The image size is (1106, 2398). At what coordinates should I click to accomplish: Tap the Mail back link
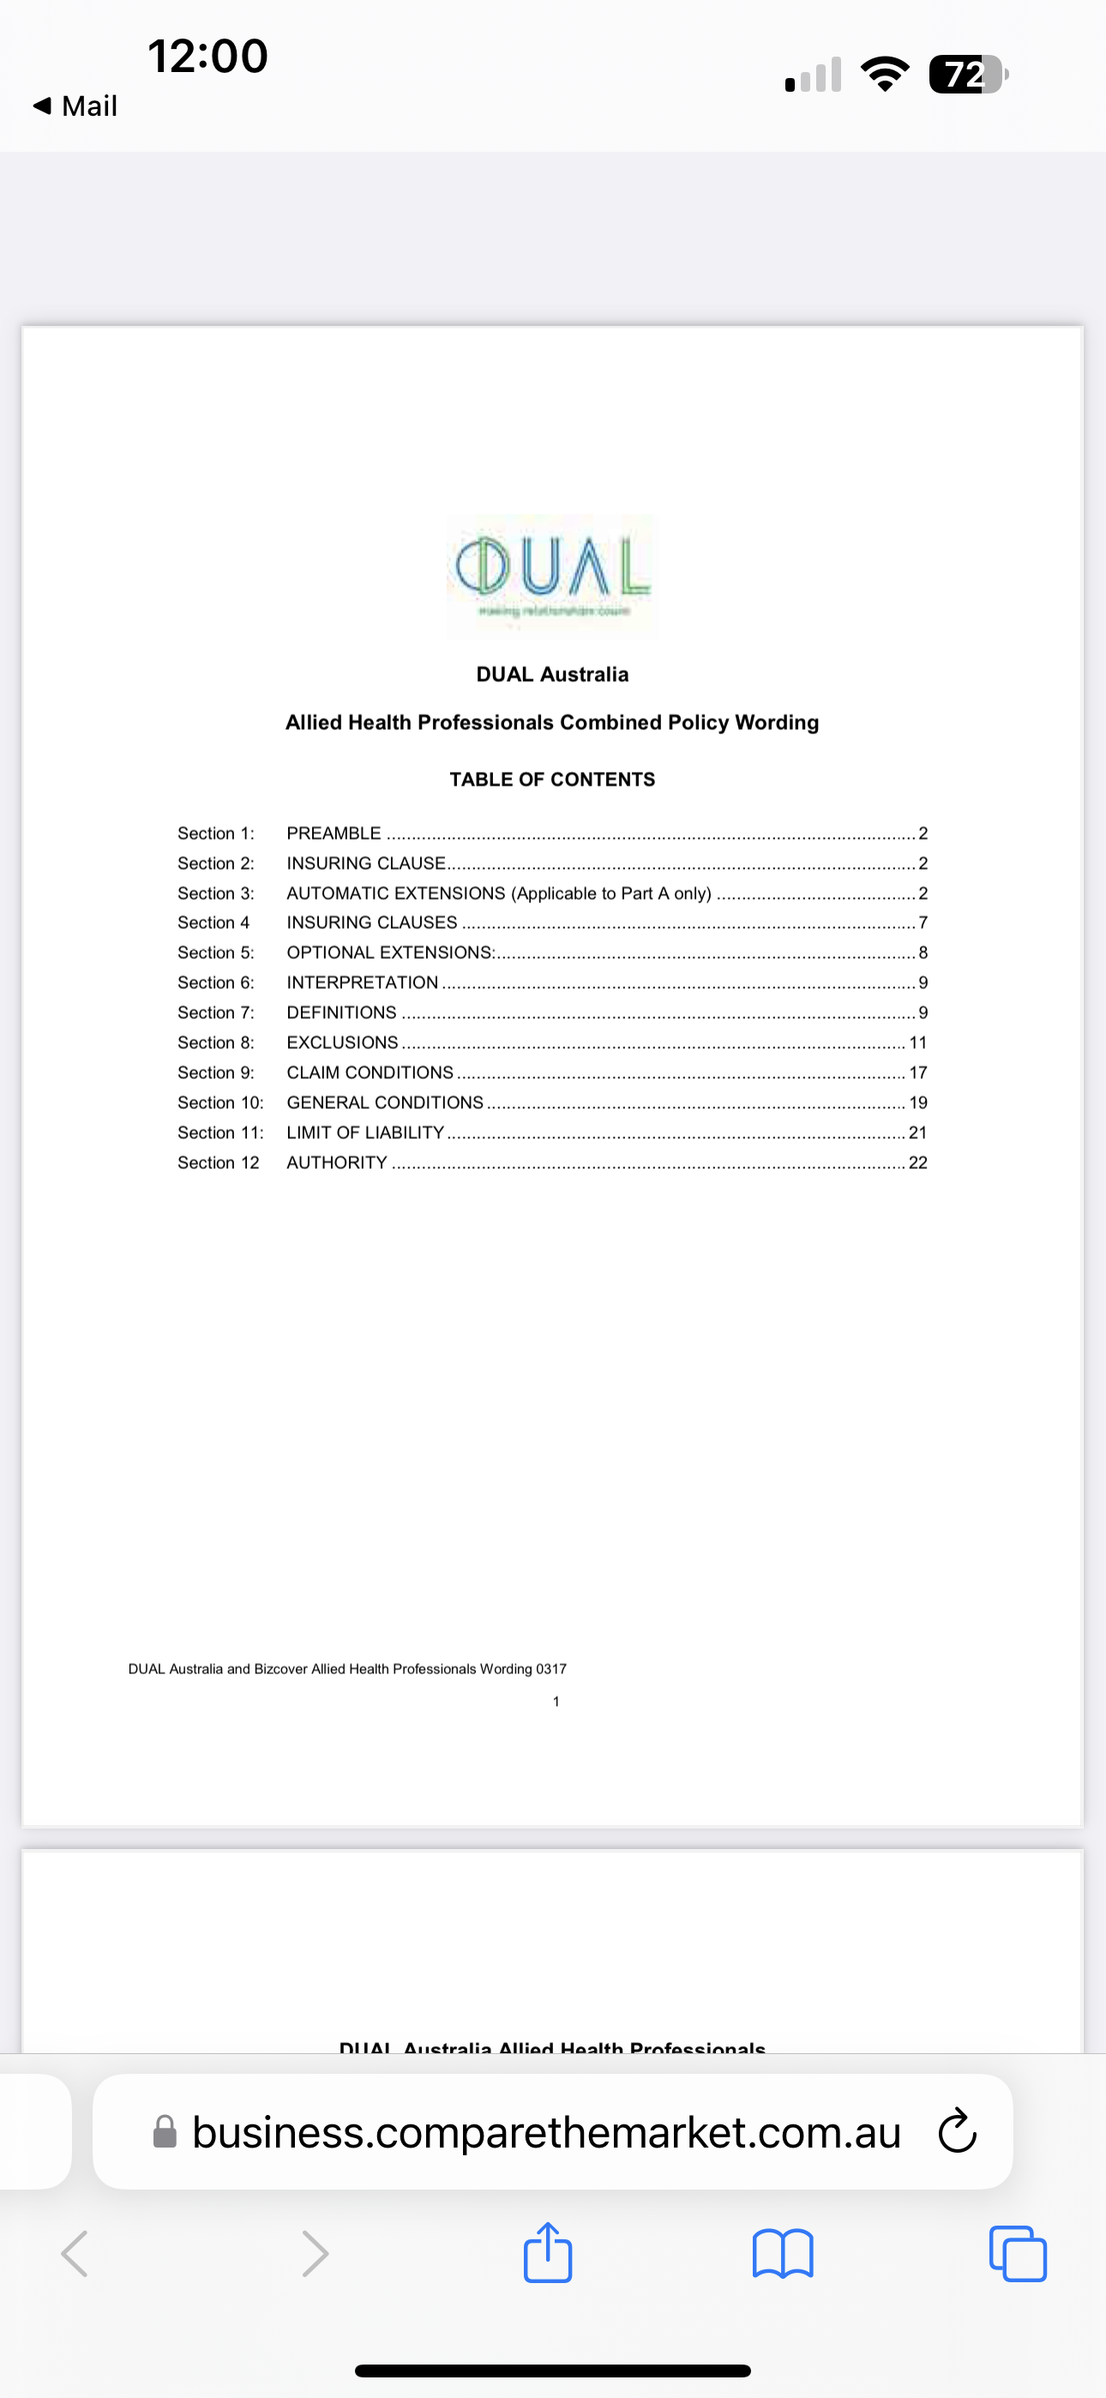[76, 106]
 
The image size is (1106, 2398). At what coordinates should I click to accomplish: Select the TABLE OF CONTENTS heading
[552, 779]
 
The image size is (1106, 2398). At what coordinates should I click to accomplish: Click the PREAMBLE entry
[334, 833]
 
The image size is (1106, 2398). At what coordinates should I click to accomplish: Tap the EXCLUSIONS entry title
[342, 1043]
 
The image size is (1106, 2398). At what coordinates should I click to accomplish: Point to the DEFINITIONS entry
[340, 1013]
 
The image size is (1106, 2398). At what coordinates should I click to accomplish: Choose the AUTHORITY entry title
[336, 1163]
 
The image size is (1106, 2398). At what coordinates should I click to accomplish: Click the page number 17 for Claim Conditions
[918, 1072]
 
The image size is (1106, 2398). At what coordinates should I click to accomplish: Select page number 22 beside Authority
[918, 1163]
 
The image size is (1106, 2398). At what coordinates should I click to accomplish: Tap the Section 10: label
[220, 1103]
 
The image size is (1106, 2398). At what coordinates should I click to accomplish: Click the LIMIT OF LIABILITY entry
[365, 1133]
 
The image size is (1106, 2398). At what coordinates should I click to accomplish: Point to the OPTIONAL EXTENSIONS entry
[390, 952]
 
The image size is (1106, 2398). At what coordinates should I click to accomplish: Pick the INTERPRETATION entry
[362, 983]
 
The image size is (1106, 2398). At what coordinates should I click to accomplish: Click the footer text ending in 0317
[347, 1669]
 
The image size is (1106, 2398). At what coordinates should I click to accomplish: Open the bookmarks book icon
[782, 2254]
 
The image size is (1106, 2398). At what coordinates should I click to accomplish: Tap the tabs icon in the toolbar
[1018, 2254]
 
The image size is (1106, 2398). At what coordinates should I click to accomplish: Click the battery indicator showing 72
[967, 75]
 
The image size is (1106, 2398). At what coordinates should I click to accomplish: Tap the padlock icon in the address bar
[165, 2132]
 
